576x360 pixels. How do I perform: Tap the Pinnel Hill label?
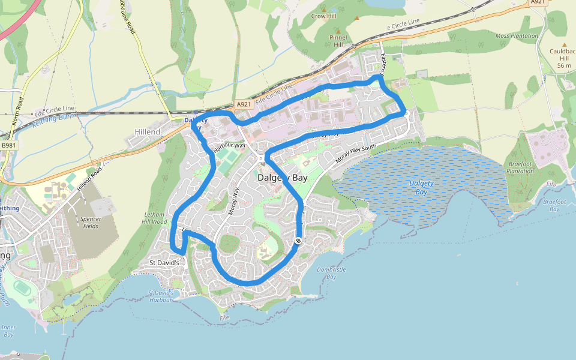click(338, 40)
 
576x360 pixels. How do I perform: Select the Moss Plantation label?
click(517, 36)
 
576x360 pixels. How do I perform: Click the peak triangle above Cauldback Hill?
click(564, 45)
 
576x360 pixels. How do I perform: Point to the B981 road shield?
click(9, 145)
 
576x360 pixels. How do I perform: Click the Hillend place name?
click(148, 131)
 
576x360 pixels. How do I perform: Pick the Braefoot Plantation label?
click(520, 167)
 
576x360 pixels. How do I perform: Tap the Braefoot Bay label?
click(554, 205)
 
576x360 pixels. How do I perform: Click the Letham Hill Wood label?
click(155, 218)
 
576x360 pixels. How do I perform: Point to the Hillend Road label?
click(89, 179)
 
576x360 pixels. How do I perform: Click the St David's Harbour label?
click(161, 296)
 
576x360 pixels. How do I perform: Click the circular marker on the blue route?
click(298, 241)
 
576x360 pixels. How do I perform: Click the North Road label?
click(16, 111)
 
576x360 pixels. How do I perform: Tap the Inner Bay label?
click(8, 331)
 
